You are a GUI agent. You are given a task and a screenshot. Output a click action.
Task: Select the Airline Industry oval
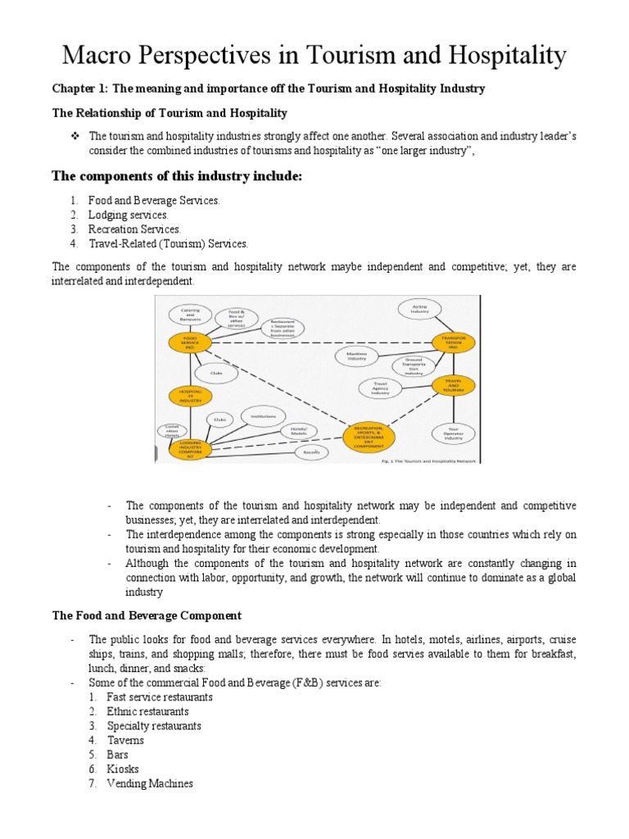tap(419, 308)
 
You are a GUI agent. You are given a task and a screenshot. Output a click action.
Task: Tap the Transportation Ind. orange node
tap(454, 342)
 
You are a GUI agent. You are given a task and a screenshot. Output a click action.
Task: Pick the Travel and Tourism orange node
tap(454, 385)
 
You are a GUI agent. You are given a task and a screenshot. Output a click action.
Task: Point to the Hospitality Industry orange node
tap(188, 396)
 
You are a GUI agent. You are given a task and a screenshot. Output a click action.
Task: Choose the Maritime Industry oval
tap(357, 356)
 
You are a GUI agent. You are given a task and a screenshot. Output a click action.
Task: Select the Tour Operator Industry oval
tap(454, 433)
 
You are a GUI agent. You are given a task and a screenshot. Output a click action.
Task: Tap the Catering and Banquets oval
tap(190, 313)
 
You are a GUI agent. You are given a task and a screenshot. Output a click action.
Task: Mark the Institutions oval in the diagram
tap(263, 415)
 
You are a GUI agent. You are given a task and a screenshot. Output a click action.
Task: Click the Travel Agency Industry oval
tap(381, 388)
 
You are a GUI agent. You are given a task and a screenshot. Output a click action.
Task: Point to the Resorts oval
tap(310, 451)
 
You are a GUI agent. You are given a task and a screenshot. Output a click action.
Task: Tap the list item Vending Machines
tap(150, 783)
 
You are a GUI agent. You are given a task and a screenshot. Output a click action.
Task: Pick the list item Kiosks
tap(123, 769)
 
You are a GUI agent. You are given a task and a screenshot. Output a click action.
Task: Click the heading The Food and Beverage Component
tap(147, 615)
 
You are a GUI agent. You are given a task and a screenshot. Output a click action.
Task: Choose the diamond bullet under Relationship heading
tap(75, 135)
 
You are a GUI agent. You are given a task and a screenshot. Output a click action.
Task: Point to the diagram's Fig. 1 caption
tap(434, 461)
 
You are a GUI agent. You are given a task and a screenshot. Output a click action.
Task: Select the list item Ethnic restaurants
tap(147, 711)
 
